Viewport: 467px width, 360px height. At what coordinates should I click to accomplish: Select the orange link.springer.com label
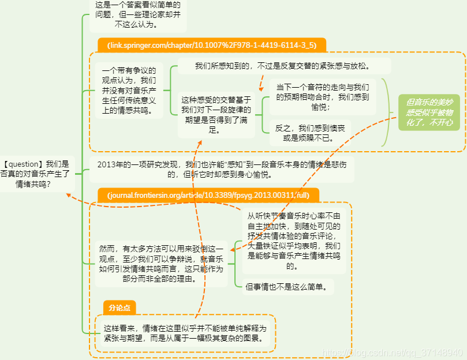[x=211, y=44]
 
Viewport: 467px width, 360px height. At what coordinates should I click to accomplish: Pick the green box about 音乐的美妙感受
[x=429, y=112]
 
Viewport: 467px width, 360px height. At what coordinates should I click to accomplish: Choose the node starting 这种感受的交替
[x=215, y=115]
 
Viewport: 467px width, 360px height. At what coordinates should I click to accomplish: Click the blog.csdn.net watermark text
[x=393, y=352]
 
